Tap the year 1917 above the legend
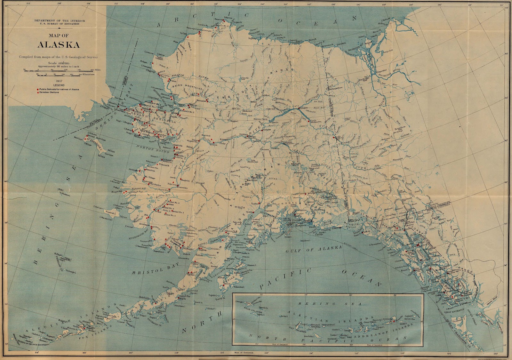(x=59, y=81)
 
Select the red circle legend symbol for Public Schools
(x=37, y=89)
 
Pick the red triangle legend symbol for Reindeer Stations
(x=37, y=92)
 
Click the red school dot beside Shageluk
(x=181, y=179)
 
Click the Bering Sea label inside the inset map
(x=323, y=303)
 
